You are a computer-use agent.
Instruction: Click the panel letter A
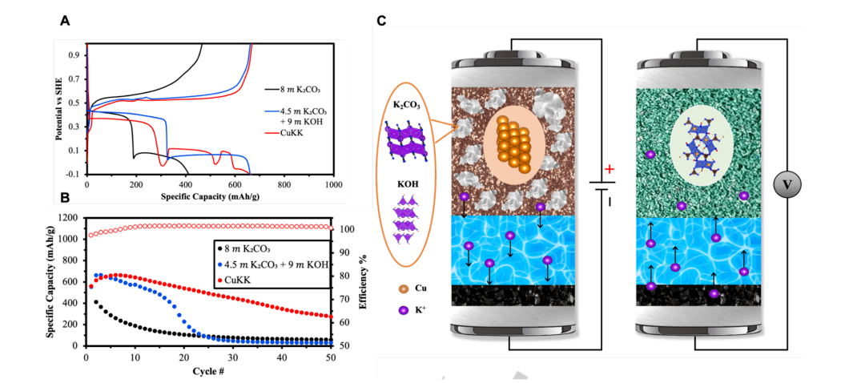(x=65, y=22)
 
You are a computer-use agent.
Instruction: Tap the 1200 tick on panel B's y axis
(x=67, y=218)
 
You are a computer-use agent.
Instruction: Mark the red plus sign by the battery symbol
(x=610, y=169)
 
